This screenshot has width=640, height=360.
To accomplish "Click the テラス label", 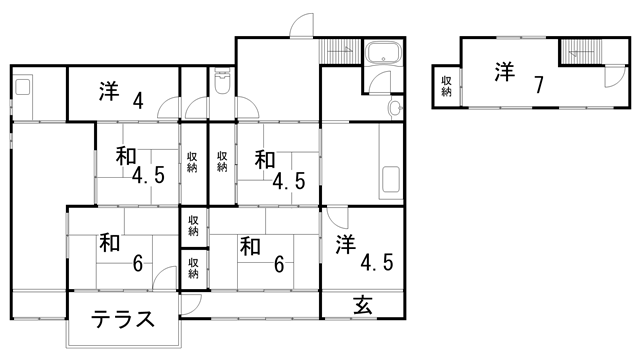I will (123, 319).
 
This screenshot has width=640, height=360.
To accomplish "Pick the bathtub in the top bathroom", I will (381, 54).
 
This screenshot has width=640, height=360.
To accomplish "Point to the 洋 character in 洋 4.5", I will (346, 243).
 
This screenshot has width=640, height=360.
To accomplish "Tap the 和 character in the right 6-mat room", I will (250, 244).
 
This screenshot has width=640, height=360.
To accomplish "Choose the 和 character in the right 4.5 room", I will (264, 159).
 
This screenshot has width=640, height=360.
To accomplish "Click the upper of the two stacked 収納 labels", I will (194, 225).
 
